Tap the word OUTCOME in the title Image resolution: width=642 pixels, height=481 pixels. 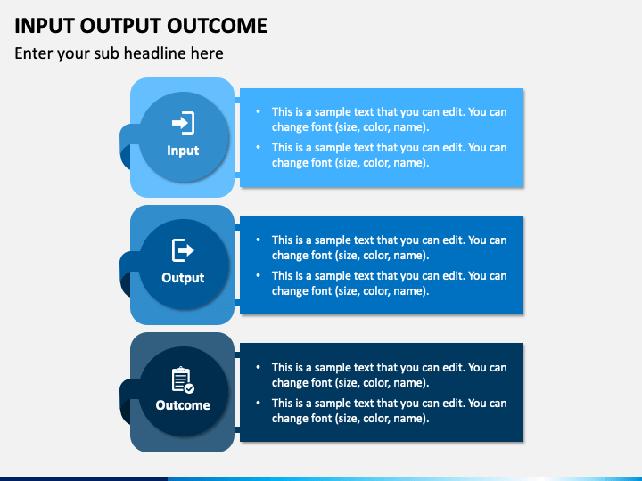coord(217,26)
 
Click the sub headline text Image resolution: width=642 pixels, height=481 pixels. coord(119,53)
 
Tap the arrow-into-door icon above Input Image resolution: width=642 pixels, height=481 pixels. coord(183,123)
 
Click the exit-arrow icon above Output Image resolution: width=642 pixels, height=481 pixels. coord(183,250)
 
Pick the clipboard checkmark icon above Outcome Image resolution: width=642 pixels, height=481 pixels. coord(183,379)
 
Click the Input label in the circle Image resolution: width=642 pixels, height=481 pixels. coord(183,151)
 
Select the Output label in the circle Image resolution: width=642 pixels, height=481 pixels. coord(183,278)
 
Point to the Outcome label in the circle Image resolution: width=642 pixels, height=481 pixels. coord(183,405)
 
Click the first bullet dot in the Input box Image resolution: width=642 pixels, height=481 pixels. coord(258,111)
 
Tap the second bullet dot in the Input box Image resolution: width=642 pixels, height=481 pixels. coord(258,147)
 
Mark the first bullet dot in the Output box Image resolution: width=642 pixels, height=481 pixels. coord(258,240)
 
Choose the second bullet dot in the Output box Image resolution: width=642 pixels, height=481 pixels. coord(258,275)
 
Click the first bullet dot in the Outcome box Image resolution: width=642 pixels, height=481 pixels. coord(258,367)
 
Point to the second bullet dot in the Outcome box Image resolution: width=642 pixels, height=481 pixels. coord(258,403)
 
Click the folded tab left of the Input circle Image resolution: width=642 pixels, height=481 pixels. coord(128,144)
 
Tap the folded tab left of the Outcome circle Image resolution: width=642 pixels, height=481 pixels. coord(128,400)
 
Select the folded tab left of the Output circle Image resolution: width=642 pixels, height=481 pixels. coord(128,272)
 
